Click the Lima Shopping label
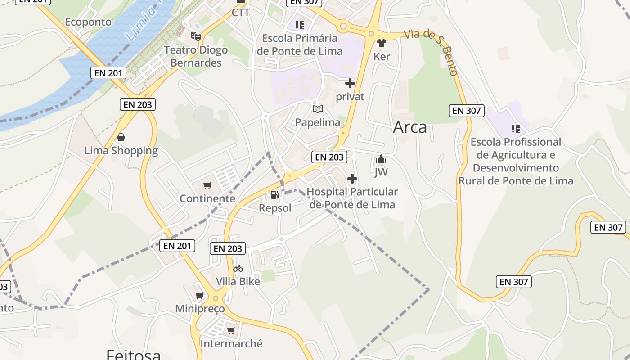(121, 151)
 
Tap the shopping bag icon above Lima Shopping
(121, 137)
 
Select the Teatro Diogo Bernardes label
(196, 56)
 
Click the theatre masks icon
(195, 36)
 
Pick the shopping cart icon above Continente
(207, 185)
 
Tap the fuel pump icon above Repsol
(274, 195)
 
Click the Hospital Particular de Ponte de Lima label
(352, 198)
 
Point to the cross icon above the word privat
(350, 83)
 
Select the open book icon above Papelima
(318, 109)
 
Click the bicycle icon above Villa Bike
(238, 268)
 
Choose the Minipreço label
(200, 309)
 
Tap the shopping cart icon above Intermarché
(231, 331)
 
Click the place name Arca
(410, 127)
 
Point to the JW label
(381, 172)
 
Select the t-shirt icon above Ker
(382, 43)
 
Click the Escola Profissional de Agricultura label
(516, 161)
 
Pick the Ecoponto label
(88, 22)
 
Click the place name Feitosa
(134, 355)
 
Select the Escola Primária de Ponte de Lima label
(300, 45)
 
